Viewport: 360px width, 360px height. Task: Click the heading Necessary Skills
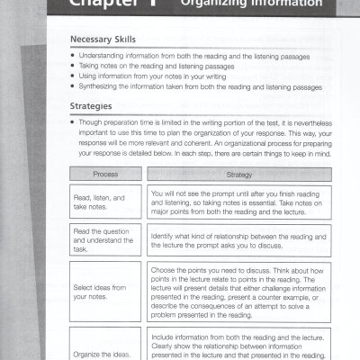103,41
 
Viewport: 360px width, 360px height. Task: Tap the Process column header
104,173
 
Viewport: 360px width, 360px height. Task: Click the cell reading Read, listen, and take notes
105,201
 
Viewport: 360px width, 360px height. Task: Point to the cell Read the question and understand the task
105,240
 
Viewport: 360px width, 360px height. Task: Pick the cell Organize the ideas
105,353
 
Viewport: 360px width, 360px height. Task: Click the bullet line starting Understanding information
193,56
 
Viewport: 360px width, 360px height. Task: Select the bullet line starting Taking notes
162,67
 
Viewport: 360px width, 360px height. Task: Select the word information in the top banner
290,5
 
